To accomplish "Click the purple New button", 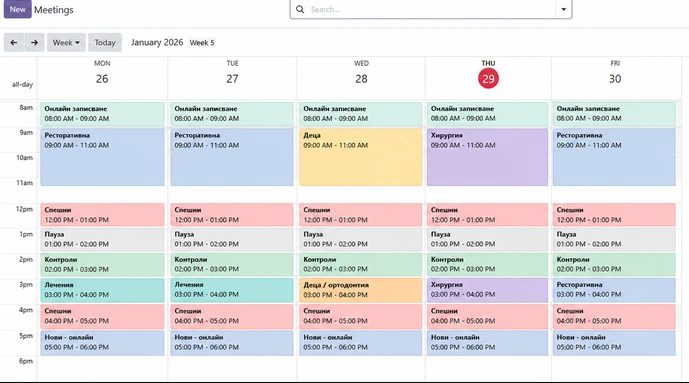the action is (18, 9).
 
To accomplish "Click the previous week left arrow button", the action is (14, 43).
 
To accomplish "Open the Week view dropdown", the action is (66, 43).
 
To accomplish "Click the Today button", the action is (105, 43).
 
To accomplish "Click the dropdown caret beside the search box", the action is (563, 9).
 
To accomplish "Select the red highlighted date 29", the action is (488, 79).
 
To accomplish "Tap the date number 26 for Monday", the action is (102, 79).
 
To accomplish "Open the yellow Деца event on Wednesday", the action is (360, 157).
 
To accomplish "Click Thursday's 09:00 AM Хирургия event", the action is (487, 157).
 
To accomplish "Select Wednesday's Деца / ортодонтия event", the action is (360, 290).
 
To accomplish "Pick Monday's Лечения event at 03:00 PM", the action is (102, 290).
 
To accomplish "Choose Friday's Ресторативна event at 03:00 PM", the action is (614, 290).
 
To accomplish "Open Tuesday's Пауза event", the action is (232, 239).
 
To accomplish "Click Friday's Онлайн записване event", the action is (614, 114).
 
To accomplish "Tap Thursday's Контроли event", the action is (487, 264).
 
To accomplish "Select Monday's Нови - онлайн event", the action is (102, 343).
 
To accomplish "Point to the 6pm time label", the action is (25, 361).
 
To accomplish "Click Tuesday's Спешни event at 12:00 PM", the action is (232, 215).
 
